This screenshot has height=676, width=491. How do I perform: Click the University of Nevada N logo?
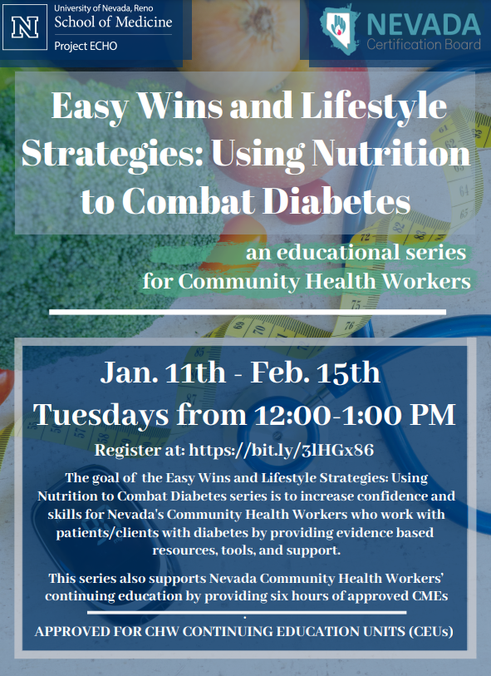tap(25, 27)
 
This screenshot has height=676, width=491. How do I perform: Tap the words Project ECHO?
tap(86, 46)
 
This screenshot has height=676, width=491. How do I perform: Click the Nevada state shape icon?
tap(340, 29)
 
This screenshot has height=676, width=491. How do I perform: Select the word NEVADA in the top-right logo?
tap(424, 26)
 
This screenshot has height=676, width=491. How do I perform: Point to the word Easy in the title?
tap(89, 106)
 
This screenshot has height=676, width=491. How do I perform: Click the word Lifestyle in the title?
tap(374, 106)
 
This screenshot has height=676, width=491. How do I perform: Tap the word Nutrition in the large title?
tap(391, 153)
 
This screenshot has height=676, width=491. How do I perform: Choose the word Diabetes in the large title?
tap(336, 201)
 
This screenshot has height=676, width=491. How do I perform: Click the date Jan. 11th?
tap(163, 373)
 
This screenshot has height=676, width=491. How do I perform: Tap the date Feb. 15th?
tap(315, 373)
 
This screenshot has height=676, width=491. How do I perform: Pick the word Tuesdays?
tap(101, 415)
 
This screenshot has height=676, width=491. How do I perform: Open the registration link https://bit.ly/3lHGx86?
tap(282, 450)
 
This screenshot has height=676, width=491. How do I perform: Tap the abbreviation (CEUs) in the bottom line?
tap(431, 632)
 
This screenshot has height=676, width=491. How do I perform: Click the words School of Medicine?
tap(113, 22)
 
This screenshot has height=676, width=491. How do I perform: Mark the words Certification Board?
tap(424, 44)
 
